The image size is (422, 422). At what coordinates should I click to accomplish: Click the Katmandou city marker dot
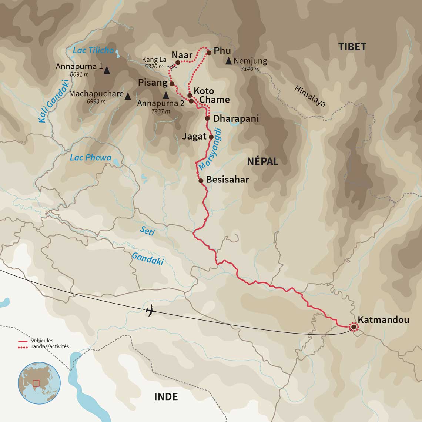tap(354, 327)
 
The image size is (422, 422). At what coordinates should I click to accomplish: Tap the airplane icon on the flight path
tap(151, 311)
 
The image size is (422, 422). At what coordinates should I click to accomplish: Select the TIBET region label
tap(352, 47)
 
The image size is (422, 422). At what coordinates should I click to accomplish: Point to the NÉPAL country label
tap(263, 161)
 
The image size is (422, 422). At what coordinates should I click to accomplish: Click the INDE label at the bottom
tap(166, 397)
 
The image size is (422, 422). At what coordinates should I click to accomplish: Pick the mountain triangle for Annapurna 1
tap(107, 70)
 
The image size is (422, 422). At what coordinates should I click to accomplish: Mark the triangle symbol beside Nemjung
tap(228, 61)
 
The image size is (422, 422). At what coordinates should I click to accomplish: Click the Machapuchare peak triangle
tap(128, 96)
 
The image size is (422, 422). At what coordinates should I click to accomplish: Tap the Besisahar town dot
tap(201, 181)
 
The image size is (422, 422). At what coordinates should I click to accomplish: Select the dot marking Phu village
tap(209, 53)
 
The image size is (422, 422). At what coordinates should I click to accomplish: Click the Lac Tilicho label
tap(93, 50)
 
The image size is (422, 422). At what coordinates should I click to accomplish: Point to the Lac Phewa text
tap(90, 158)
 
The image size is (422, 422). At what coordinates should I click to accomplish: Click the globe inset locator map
tap(39, 383)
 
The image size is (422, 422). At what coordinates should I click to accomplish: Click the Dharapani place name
tap(236, 119)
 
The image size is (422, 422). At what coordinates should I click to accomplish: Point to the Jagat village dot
tap(211, 137)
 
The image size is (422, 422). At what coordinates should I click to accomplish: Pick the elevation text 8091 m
tap(79, 74)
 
